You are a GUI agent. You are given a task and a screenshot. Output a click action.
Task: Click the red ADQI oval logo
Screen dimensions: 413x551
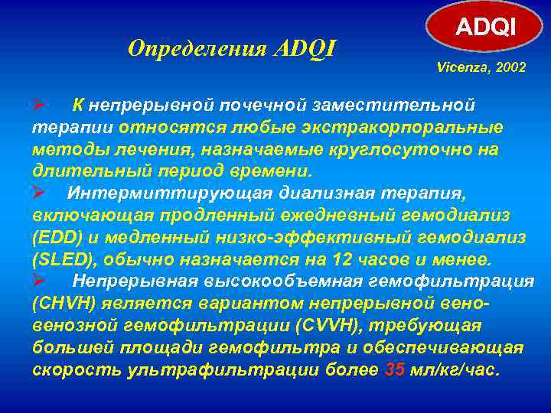point(487,28)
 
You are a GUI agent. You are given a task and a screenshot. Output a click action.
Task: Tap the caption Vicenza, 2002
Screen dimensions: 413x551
point(481,68)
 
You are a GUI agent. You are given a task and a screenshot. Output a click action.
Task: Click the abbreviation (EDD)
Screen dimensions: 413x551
point(57,237)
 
